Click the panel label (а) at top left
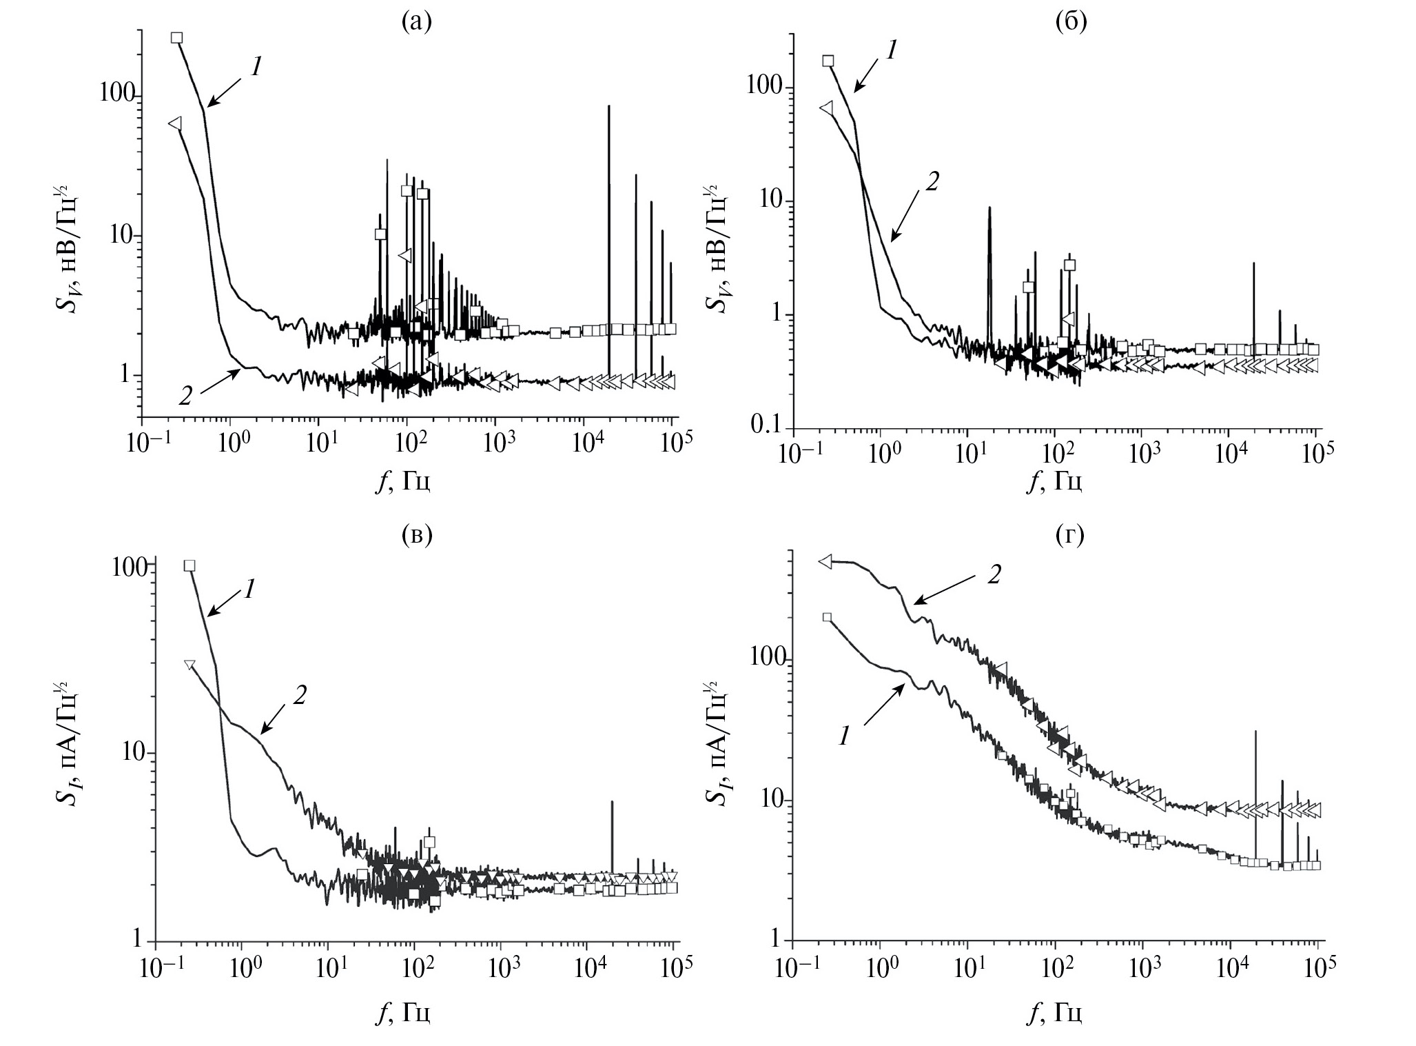[x=417, y=23]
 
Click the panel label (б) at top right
[x=1071, y=23]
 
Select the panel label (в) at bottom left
[x=417, y=535]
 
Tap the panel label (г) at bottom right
[x=1069, y=535]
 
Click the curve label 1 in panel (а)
[x=256, y=67]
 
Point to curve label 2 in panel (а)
[x=185, y=396]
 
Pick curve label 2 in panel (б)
[x=932, y=181]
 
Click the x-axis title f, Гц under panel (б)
[x=1054, y=482]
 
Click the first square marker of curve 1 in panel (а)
[x=177, y=38]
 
